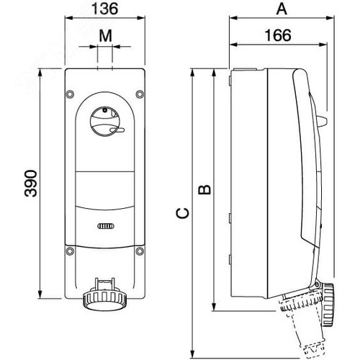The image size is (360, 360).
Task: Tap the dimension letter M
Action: coord(106,34)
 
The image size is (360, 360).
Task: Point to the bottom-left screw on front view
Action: coord(70,251)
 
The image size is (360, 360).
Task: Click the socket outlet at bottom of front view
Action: coord(105,295)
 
